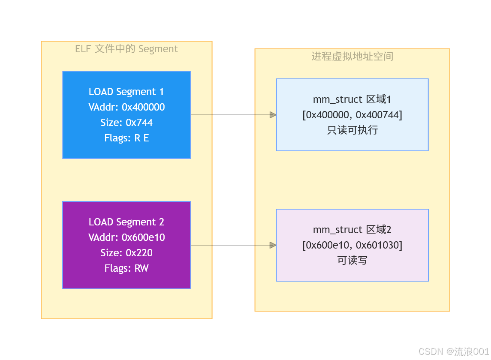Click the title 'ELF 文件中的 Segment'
127,49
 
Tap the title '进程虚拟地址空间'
352,56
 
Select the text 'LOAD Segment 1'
126,92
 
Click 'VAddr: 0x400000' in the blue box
127,107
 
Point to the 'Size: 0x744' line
127,123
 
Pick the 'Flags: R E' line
127,138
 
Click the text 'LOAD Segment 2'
126,222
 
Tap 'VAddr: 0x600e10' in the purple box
127,237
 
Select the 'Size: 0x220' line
127,252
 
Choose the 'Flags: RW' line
127,268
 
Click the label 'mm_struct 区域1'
352,99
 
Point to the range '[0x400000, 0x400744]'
352,115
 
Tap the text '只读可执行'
352,130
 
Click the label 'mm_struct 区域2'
352,230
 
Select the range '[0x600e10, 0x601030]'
352,245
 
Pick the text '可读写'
352,261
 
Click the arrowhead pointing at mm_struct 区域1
273,115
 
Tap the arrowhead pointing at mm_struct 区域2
273,245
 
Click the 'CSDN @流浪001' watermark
454,351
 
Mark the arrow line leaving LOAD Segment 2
234,245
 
